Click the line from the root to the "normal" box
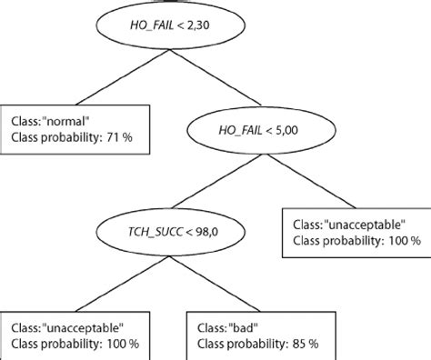[106, 78]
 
